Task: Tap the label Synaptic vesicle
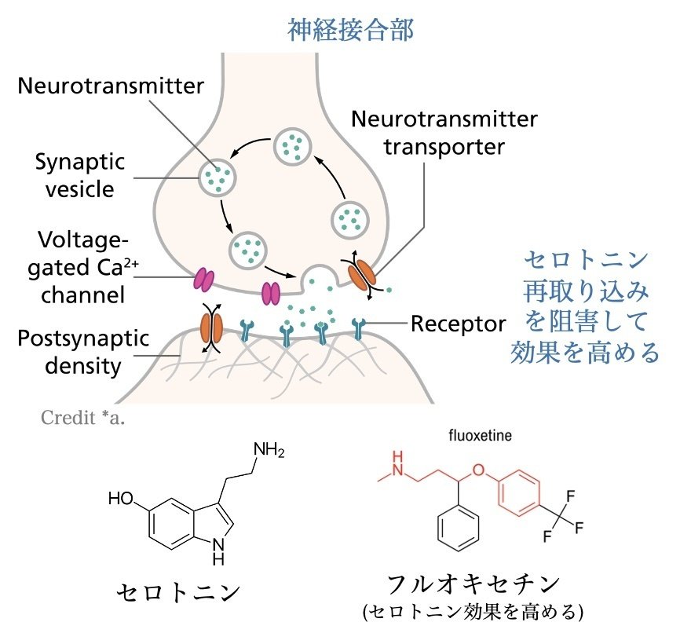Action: [x=79, y=176]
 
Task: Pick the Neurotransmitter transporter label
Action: [x=444, y=133]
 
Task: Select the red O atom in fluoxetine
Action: [x=481, y=470]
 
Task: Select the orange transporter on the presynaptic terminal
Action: [x=363, y=274]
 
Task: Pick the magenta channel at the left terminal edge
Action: [x=204, y=279]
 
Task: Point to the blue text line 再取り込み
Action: [x=587, y=292]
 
